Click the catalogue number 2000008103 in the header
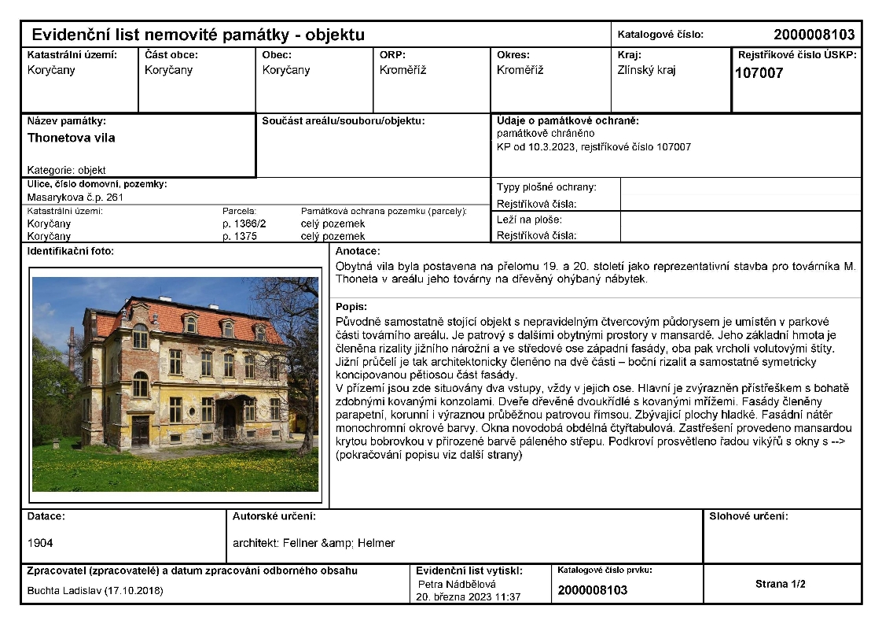click(813, 35)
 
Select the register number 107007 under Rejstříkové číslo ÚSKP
click(759, 74)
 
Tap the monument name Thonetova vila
click(72, 138)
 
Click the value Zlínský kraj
click(647, 70)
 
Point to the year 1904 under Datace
click(40, 543)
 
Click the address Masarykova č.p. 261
click(75, 198)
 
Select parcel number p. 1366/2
click(244, 223)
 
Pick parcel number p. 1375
click(240, 236)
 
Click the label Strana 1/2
click(781, 584)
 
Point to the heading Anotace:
click(358, 251)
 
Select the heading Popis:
click(351, 307)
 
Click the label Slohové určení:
click(748, 517)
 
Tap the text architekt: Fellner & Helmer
click(314, 543)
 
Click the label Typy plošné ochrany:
click(546, 187)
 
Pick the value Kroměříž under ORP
click(402, 70)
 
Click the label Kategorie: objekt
click(66, 170)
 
